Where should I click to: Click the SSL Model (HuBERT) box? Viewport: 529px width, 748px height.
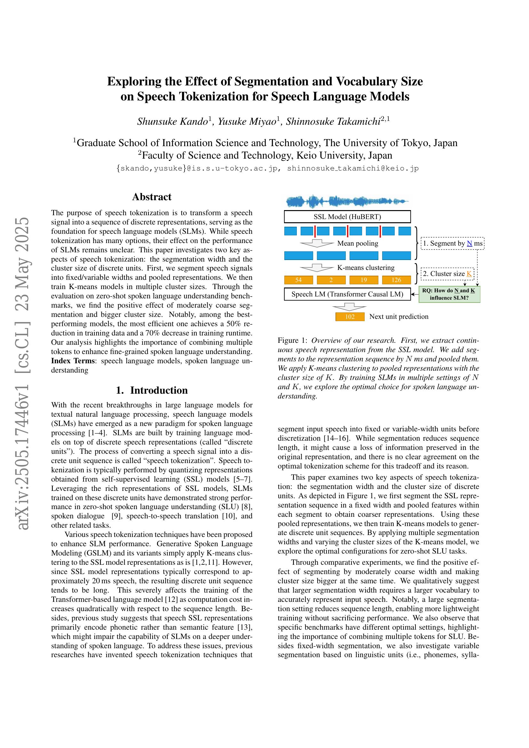(x=347, y=217)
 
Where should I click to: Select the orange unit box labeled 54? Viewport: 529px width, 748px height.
(x=298, y=280)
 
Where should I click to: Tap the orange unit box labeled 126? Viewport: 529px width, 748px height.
(x=396, y=280)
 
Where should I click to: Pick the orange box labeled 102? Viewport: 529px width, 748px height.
(x=350, y=317)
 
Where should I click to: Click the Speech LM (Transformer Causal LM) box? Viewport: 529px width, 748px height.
(x=347, y=294)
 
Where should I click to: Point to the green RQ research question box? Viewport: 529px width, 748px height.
(x=449, y=294)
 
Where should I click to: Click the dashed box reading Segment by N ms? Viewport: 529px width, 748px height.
(x=452, y=243)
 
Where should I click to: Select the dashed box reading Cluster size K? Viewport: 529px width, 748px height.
(x=447, y=274)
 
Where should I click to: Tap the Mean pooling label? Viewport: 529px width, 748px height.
(x=358, y=243)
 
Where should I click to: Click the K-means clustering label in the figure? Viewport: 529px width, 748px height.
(x=366, y=268)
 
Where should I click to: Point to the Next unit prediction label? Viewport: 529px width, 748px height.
(x=399, y=317)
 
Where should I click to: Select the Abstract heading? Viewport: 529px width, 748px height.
(x=152, y=197)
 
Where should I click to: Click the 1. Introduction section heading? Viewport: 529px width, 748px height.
(x=152, y=390)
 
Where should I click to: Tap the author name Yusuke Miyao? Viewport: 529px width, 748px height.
(x=247, y=122)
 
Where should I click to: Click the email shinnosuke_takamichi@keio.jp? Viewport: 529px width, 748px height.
(x=353, y=169)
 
